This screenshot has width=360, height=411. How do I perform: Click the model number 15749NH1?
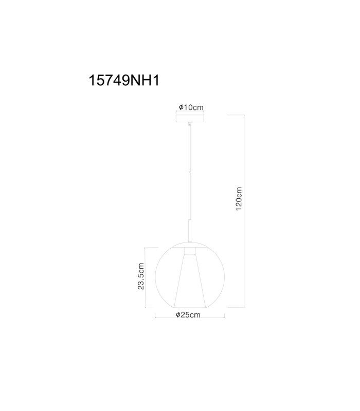[x=124, y=80]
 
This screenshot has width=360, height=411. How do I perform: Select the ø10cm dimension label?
[x=191, y=107]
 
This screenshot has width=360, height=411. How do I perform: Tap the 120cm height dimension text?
[x=239, y=199]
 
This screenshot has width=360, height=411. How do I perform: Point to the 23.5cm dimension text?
[x=141, y=276]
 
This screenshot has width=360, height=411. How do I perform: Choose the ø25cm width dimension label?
[x=188, y=314]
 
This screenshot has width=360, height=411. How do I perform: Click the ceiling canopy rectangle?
[x=190, y=117]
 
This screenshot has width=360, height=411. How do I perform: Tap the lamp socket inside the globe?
[x=190, y=251]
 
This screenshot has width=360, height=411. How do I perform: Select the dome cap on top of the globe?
[x=190, y=245]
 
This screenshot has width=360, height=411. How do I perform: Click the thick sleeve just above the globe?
[x=190, y=231]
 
